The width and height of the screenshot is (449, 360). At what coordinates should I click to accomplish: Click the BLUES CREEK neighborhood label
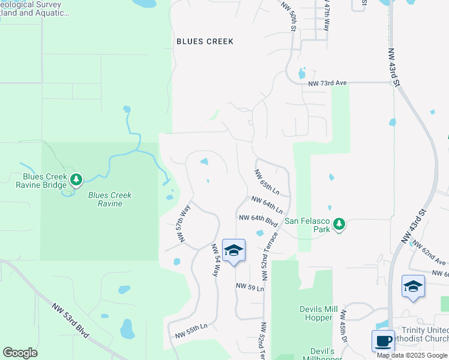pyautogui.click(x=205, y=41)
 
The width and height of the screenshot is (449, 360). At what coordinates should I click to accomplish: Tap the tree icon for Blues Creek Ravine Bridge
pyautogui.click(x=76, y=179)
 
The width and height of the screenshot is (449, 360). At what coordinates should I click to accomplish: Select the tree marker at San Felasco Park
pyautogui.click(x=339, y=224)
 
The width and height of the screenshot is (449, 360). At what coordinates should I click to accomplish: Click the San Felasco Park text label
pyautogui.click(x=308, y=221)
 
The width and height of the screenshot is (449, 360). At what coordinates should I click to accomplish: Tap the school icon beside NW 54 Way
pyautogui.click(x=234, y=251)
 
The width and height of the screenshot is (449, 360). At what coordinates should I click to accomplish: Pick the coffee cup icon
pyautogui.click(x=383, y=341)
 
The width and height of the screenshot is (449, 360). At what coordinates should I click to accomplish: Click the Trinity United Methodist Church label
pyautogui.click(x=425, y=335)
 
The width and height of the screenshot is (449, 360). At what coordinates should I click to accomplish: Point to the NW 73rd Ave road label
pyautogui.click(x=328, y=83)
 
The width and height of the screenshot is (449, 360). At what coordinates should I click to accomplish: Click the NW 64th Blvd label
pyautogui.click(x=258, y=220)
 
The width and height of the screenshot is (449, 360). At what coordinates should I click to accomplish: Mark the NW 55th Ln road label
pyautogui.click(x=191, y=330)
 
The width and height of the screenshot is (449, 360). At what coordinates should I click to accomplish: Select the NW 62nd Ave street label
pyautogui.click(x=427, y=254)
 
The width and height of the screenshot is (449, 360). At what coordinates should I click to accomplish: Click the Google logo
pyautogui.click(x=20, y=353)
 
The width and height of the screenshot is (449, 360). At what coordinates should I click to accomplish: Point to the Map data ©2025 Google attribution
pyautogui.click(x=412, y=355)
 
